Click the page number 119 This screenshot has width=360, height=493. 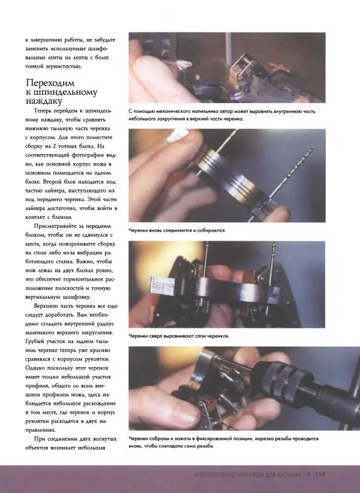(320, 474)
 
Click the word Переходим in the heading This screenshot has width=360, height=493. (50, 83)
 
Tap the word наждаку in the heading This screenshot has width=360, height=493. (44, 101)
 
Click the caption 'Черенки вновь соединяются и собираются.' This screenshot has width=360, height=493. (177, 230)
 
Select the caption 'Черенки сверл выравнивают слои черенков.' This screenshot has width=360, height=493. (179, 336)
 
